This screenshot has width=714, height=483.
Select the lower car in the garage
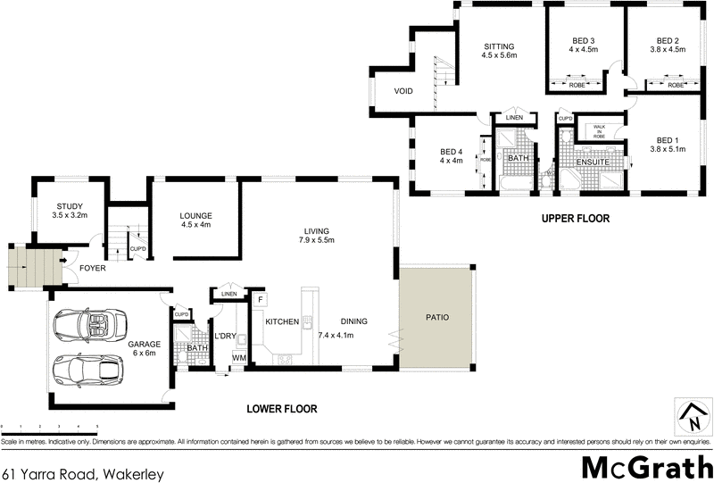point(86,369)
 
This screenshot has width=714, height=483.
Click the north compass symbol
point(690,418)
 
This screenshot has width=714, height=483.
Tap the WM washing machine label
point(238,358)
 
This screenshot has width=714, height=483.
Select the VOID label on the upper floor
point(403,90)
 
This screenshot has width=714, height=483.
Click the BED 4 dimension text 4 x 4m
point(452,162)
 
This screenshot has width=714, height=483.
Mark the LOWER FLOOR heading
point(281,409)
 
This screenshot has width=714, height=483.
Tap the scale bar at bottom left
point(49,429)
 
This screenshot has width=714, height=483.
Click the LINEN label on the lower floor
point(229,294)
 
